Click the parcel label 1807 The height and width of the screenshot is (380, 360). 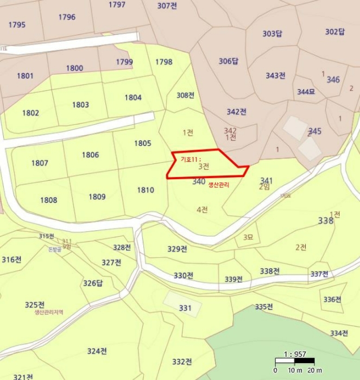click(x=40, y=163)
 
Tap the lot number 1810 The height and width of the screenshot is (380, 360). click(x=146, y=190)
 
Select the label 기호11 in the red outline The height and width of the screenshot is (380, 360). click(x=190, y=159)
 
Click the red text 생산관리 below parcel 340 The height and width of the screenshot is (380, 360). click(x=219, y=185)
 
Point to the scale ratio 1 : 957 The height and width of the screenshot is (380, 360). click(x=294, y=354)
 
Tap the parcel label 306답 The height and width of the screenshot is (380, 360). click(x=229, y=61)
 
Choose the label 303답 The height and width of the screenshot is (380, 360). click(x=273, y=34)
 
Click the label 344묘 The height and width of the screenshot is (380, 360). click(x=306, y=92)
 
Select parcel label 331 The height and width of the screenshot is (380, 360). click(x=185, y=308)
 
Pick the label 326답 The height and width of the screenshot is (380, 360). click(x=93, y=283)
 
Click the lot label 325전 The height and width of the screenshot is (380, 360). click(x=35, y=305)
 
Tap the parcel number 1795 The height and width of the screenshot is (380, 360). click(x=17, y=24)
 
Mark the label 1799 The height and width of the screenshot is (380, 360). click(x=124, y=62)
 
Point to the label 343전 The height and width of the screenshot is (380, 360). click(x=276, y=75)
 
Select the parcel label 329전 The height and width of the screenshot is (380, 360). click(x=177, y=249)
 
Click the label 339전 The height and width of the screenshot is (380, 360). click(x=234, y=279)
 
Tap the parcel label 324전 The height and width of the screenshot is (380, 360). click(x=97, y=351)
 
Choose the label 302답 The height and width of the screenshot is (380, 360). click(x=335, y=31)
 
